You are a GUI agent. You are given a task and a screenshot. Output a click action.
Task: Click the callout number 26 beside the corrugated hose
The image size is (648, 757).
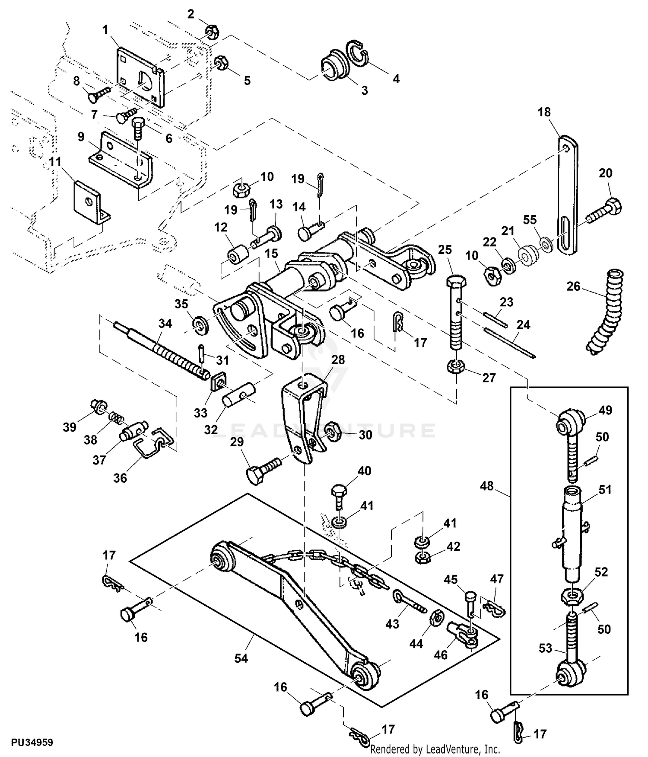[x=573, y=287]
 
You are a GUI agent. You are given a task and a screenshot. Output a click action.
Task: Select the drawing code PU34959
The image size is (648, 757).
[x=32, y=742]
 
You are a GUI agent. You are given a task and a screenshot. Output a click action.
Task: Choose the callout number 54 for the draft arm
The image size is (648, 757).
[x=241, y=658]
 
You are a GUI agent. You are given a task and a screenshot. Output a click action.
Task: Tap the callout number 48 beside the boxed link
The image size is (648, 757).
[x=486, y=486]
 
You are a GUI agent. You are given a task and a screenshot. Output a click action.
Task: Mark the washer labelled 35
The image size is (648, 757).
[x=200, y=324]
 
